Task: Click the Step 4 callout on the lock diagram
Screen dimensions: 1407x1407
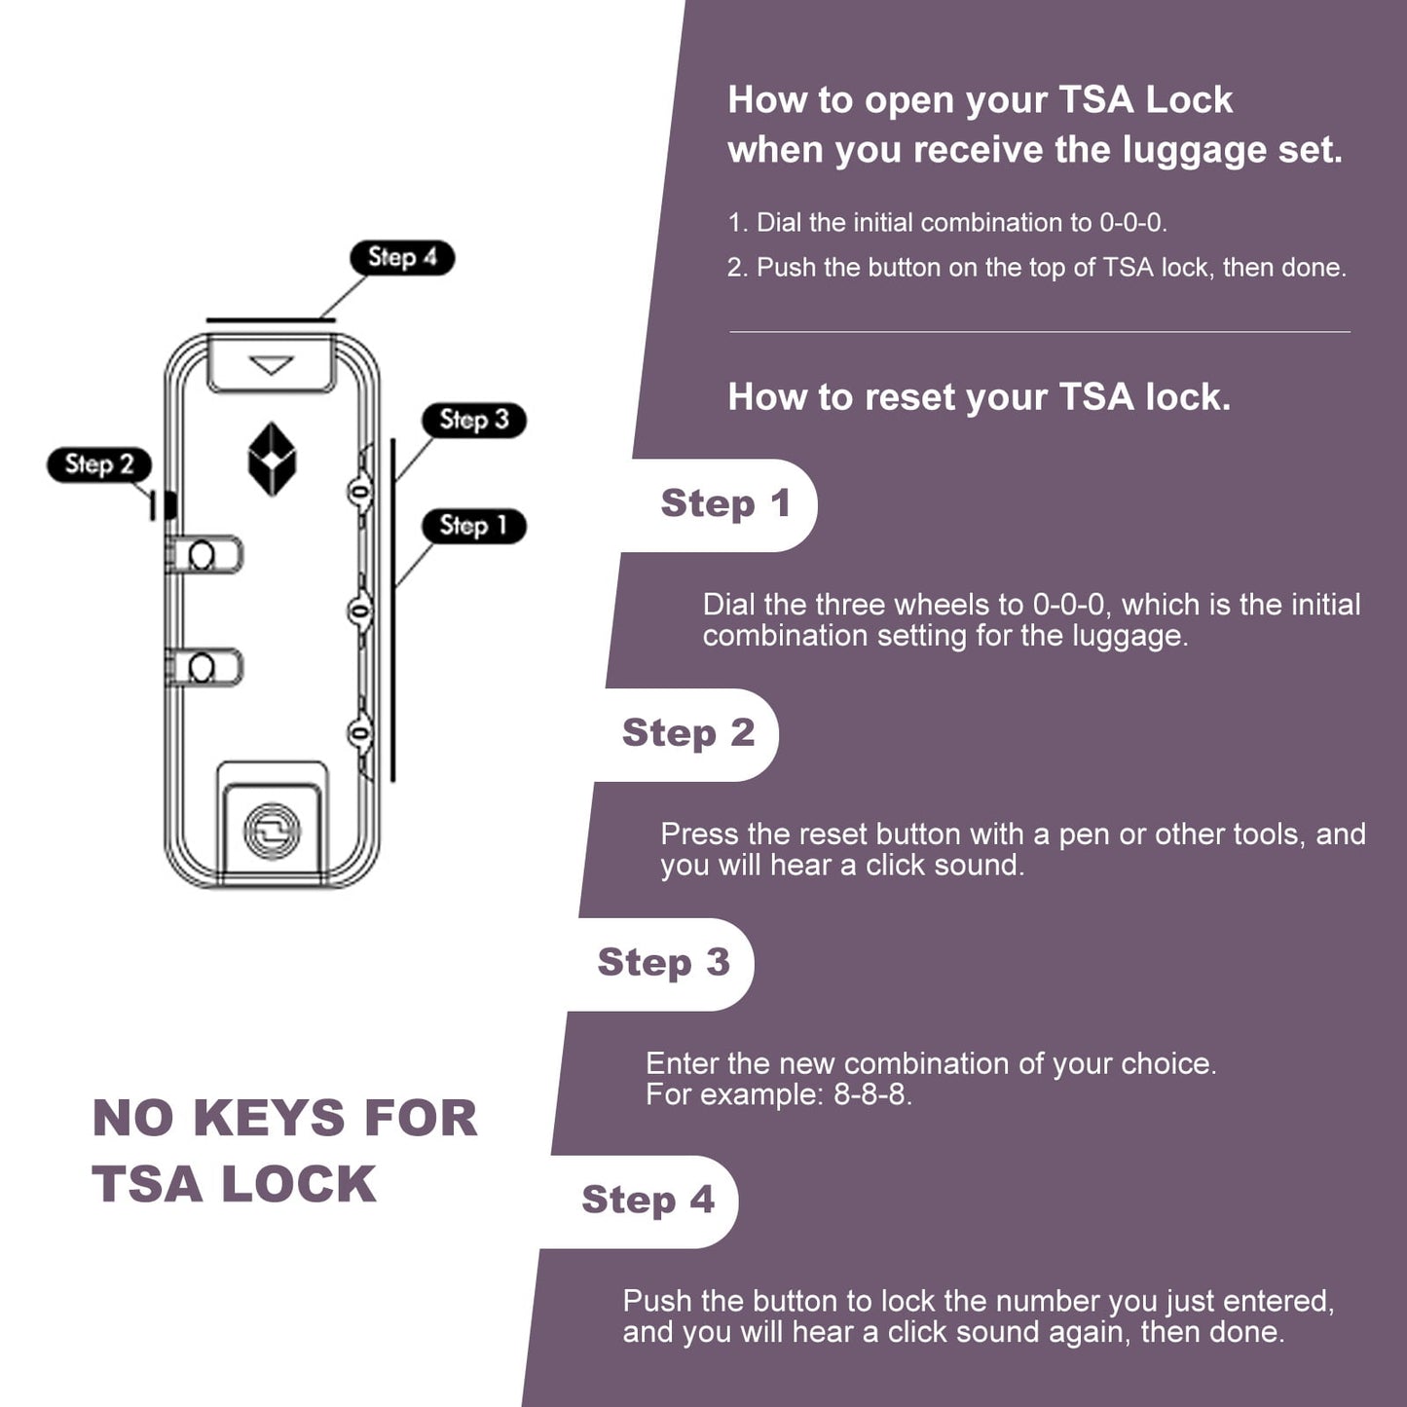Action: click(402, 258)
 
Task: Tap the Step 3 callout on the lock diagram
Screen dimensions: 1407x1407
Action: click(474, 420)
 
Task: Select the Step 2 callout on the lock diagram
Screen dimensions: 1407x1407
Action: click(99, 464)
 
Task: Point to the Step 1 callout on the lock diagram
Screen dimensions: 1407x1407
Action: click(474, 526)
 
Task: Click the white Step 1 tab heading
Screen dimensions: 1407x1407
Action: click(725, 504)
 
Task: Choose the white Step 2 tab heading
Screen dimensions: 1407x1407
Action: click(688, 733)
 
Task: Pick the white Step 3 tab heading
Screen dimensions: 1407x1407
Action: click(663, 963)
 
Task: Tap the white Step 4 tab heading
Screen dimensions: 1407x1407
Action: click(648, 1201)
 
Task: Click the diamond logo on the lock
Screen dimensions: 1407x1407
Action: click(272, 460)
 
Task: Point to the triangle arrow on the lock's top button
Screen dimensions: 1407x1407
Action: click(272, 365)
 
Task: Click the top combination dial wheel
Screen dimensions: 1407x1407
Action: click(360, 491)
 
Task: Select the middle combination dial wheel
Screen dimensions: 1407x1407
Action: click(360, 611)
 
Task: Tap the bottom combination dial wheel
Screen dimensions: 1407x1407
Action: click(360, 732)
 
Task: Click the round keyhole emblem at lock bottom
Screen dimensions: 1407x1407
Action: click(272, 831)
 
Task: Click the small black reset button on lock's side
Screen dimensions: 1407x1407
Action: click(169, 504)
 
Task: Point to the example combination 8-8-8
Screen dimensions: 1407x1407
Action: click(871, 1094)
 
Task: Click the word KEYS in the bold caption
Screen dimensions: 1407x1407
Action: click(269, 1118)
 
